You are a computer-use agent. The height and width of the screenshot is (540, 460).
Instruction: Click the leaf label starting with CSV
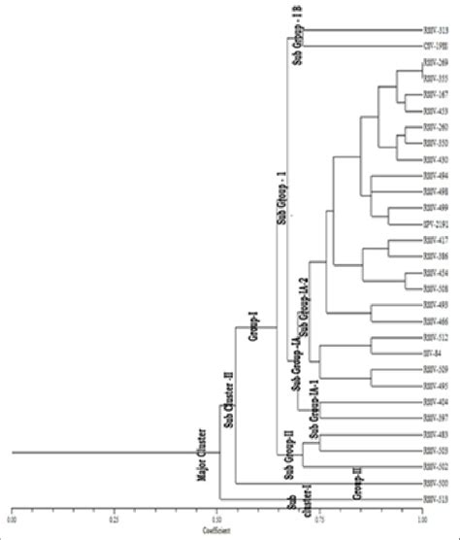[434, 46]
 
